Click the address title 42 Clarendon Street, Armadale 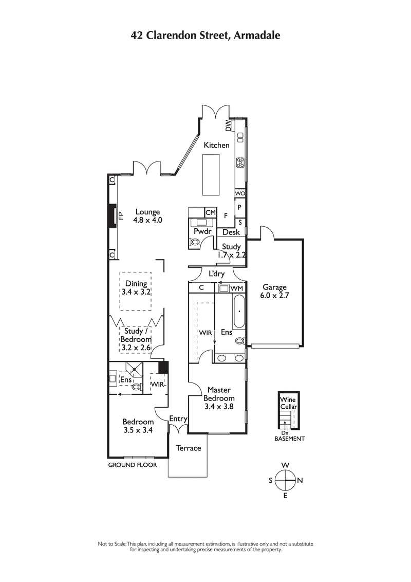206,35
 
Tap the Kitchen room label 217,145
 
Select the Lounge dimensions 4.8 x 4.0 148,220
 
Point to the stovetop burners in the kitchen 240,163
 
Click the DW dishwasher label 228,125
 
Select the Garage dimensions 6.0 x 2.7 274,296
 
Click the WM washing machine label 236,288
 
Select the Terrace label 189,448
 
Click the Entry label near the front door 178,419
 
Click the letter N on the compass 300,481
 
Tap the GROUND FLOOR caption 132,465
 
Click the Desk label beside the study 231,232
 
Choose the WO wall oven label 240,193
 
